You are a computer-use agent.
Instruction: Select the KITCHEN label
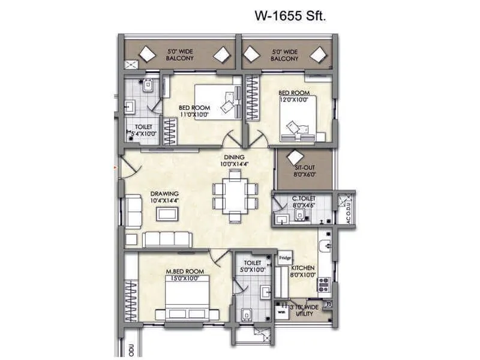[303, 269]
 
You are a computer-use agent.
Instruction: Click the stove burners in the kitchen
[324, 283]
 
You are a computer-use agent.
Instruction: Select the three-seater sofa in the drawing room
[167, 239]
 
